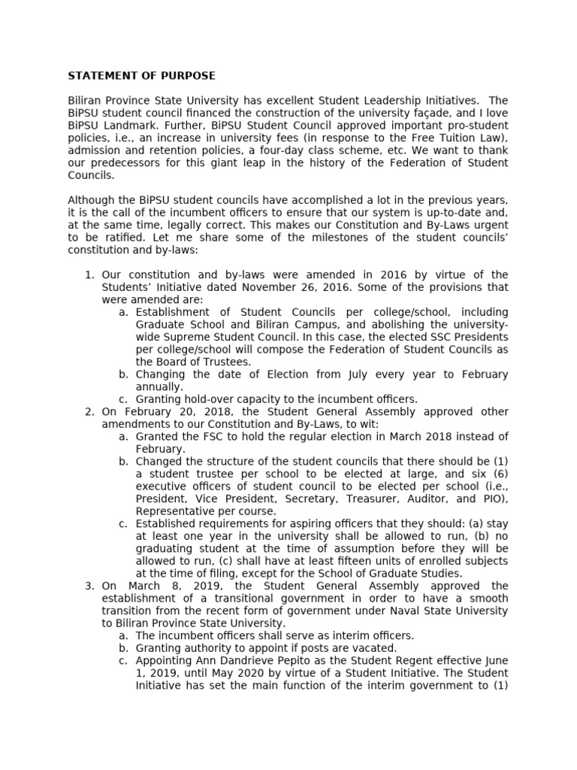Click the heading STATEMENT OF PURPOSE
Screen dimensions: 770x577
tap(141, 76)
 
